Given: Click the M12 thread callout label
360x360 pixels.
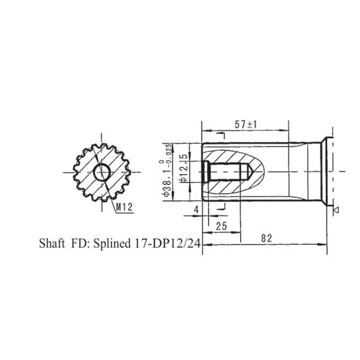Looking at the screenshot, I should pyautogui.click(x=124, y=206).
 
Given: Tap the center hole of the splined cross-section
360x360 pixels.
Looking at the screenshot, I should pyautogui.click(x=101, y=172).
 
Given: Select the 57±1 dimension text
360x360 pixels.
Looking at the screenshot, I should pyautogui.click(x=245, y=124).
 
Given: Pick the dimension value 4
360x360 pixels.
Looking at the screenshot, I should pyautogui.click(x=196, y=209).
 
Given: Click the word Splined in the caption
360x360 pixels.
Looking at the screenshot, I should pyautogui.click(x=111, y=245).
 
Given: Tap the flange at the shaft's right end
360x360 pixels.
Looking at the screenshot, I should pyautogui.click(x=328, y=172).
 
